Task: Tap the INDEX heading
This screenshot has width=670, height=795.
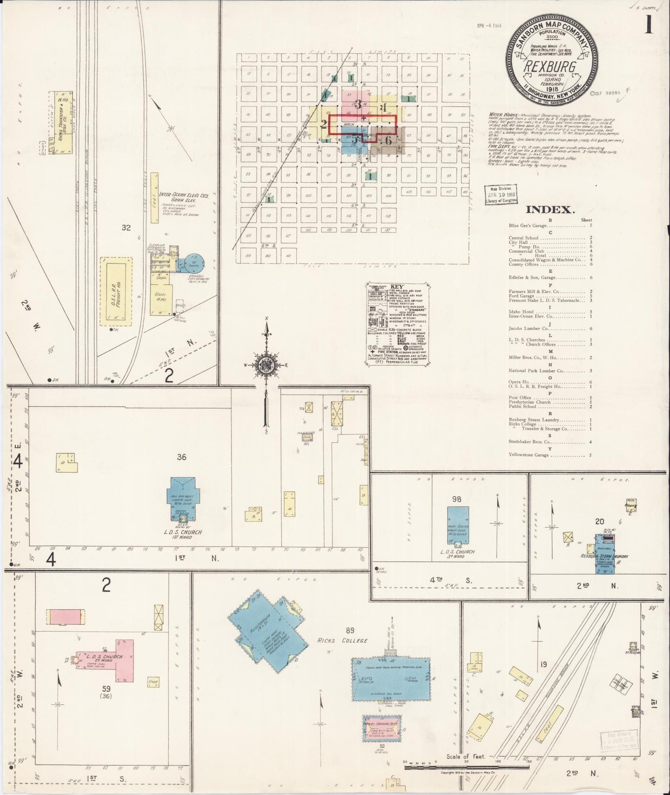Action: pos(549,210)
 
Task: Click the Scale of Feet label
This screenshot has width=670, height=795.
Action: pos(466,757)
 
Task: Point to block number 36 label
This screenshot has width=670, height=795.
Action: pos(181,457)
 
